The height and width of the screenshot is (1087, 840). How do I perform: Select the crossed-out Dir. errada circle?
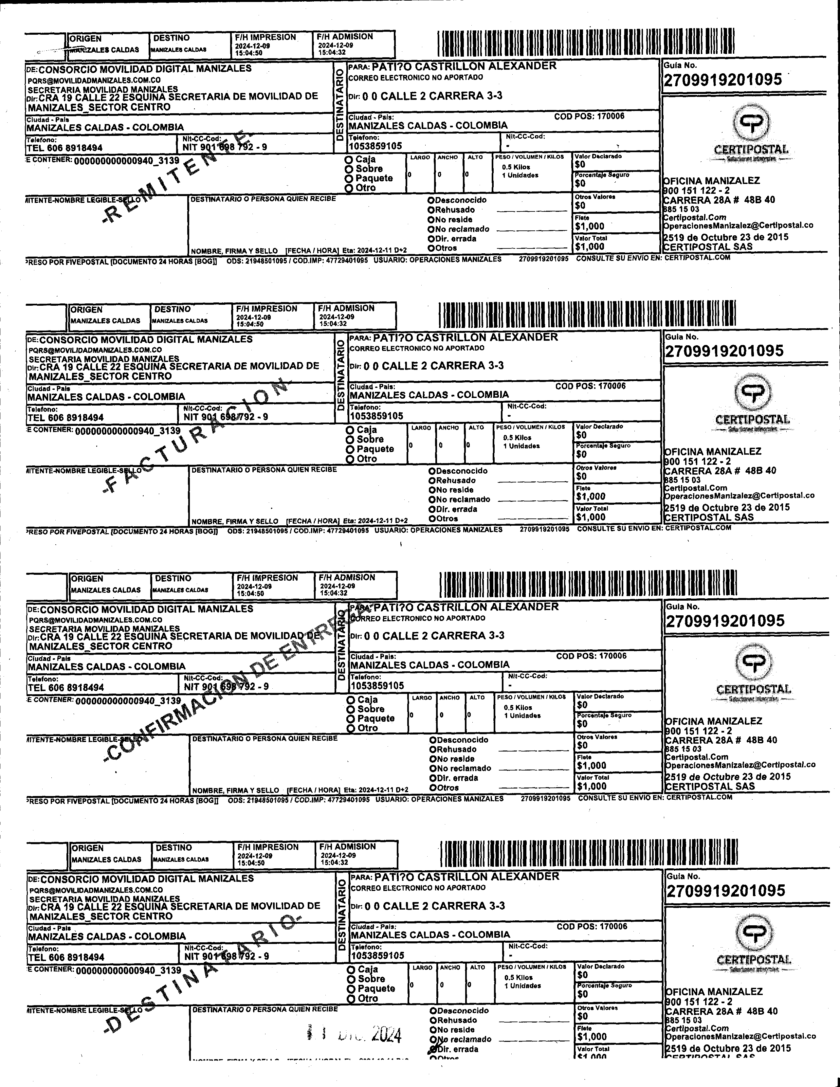[x=432, y=1049]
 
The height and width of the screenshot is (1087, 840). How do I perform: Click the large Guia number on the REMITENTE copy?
[x=722, y=80]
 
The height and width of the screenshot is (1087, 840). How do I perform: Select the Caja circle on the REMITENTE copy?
[x=349, y=160]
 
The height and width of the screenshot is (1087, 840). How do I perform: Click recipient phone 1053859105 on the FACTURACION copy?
[x=376, y=416]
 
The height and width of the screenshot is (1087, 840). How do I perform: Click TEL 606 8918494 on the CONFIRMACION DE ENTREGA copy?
[x=66, y=688]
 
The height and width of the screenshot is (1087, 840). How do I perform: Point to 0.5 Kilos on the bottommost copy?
[x=518, y=977]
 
